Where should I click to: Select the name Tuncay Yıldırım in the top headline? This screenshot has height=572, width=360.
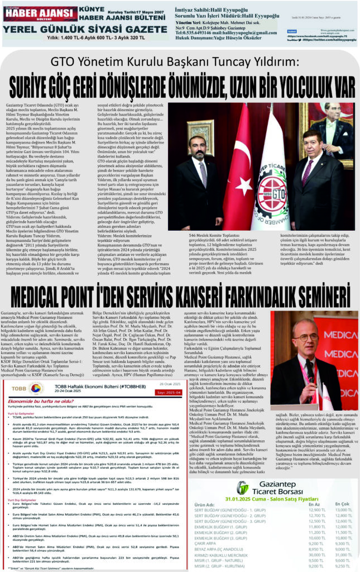(246, 60)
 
